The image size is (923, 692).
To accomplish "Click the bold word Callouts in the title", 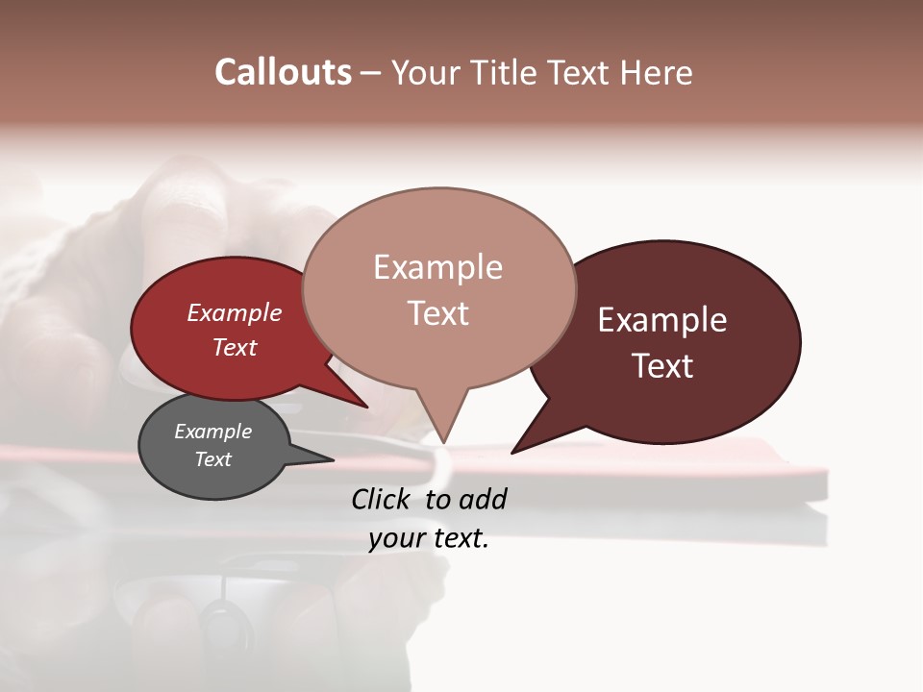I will click(x=283, y=72).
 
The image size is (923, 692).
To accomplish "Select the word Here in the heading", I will click(x=656, y=72).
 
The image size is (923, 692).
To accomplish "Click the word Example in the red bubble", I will click(x=235, y=312).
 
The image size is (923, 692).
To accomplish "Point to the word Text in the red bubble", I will click(x=235, y=347).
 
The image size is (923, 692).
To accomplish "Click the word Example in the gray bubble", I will click(x=212, y=432).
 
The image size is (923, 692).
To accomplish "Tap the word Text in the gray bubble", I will click(x=212, y=459).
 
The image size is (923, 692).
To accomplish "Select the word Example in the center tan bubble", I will click(x=437, y=267).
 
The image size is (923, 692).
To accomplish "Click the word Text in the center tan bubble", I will click(x=437, y=313).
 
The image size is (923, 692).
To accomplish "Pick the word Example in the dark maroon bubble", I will click(x=662, y=320).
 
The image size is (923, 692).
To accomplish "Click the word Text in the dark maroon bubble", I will click(x=662, y=366).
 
